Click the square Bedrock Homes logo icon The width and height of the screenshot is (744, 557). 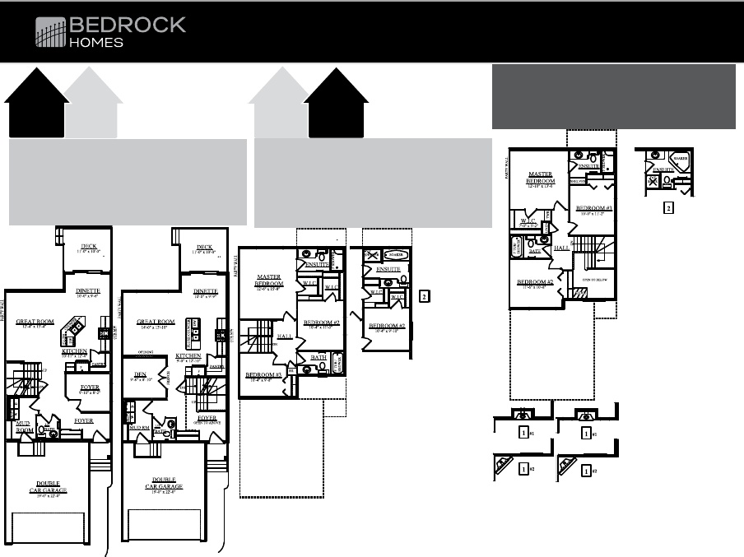(x=49, y=33)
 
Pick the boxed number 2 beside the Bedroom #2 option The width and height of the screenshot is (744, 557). (x=424, y=295)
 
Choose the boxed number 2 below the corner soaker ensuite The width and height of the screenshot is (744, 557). (x=667, y=207)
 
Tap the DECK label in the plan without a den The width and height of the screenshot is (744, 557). (x=89, y=246)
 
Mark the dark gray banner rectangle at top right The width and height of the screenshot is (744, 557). (x=613, y=96)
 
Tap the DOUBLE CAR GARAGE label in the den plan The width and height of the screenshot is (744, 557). (x=163, y=481)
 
